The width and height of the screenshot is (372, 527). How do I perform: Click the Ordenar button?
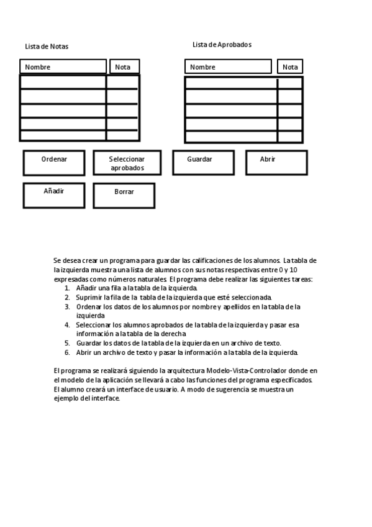pos(54,163)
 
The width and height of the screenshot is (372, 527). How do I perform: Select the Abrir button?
pos(276,162)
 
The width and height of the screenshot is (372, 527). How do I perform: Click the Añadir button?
pos(54,195)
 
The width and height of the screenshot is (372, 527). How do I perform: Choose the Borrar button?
pos(124,195)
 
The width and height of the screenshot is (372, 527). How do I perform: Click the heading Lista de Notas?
pos(47,47)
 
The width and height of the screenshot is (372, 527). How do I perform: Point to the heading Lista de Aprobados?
pos(222,45)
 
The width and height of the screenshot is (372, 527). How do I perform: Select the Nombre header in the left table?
pos(63,66)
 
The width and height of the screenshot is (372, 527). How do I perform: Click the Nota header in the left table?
pos(124,66)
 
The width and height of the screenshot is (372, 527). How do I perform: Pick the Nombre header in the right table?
pos(228,66)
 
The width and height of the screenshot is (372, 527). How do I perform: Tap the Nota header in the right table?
pos(290,66)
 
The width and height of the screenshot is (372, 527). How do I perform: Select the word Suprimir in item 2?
pos(89,298)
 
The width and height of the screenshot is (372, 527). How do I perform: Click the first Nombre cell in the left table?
pos(63,82)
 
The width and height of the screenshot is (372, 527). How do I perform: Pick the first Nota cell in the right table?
pos(289,83)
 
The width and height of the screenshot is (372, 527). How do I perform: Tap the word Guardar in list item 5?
pos(89,343)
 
